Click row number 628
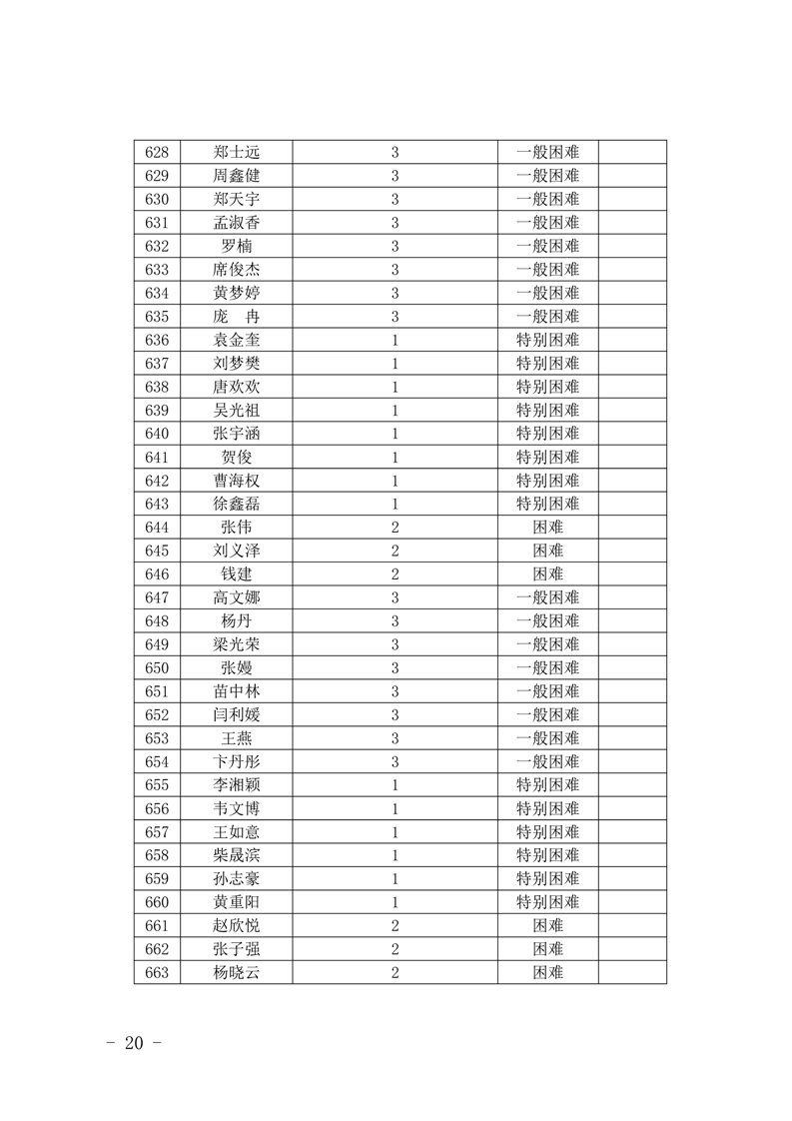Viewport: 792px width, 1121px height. [x=157, y=153]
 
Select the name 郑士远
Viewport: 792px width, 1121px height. [x=237, y=153]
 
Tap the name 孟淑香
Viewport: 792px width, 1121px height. [x=237, y=223]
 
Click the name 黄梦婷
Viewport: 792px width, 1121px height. [x=237, y=293]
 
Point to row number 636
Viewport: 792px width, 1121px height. [x=157, y=340]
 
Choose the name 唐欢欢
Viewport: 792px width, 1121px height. [x=237, y=387]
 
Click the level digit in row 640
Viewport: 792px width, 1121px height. [x=396, y=434]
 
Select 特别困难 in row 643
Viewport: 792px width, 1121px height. [x=547, y=504]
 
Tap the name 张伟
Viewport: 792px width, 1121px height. [x=237, y=528]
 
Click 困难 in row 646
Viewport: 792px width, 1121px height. [x=547, y=574]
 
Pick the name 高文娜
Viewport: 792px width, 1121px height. [x=237, y=597]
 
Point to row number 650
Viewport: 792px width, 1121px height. [x=157, y=668]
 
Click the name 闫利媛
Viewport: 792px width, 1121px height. [x=237, y=715]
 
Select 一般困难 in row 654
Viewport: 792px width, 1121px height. [x=547, y=761]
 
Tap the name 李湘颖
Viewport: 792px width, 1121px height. [x=237, y=785]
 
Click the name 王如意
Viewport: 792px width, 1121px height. [x=237, y=832]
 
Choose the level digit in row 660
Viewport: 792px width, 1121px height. [x=396, y=902]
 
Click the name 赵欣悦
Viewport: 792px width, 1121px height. [x=237, y=926]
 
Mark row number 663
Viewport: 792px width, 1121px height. [x=157, y=973]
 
